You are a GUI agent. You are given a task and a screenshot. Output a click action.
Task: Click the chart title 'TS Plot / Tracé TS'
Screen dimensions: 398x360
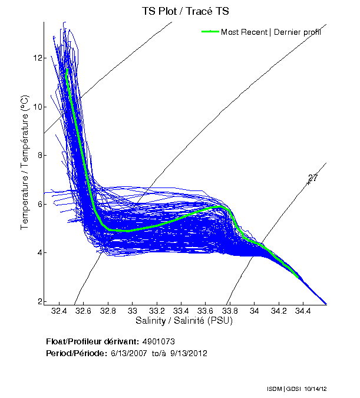(185, 11)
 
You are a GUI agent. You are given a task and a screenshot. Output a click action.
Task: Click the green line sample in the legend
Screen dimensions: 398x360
(210, 32)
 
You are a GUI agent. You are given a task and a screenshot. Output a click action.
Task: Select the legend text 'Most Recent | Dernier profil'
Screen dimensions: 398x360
(271, 32)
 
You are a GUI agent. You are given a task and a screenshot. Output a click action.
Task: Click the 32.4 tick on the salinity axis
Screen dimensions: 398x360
(58, 310)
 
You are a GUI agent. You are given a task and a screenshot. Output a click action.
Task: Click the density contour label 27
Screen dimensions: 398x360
(313, 178)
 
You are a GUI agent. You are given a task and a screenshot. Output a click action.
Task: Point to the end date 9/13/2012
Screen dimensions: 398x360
(189, 353)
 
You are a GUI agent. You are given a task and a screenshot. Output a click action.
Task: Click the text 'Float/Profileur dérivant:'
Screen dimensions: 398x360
(93, 342)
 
